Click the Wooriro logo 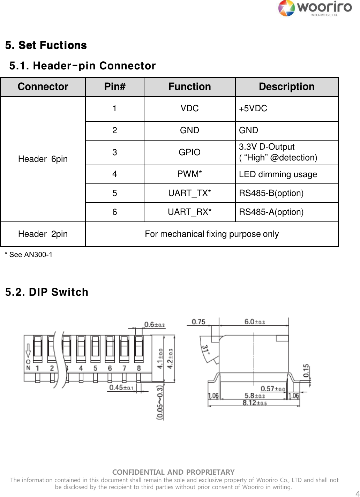(315, 8)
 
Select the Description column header (286, 87)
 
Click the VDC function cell (189, 108)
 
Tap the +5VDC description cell (253, 108)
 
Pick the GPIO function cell (189, 152)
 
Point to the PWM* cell (189, 174)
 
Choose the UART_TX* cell (189, 193)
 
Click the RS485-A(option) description (271, 212)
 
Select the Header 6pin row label (43, 159)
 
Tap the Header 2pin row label (43, 234)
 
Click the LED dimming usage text (278, 174)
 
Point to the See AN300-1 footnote (29, 255)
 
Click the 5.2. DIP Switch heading (47, 292)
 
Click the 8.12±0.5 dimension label (255, 403)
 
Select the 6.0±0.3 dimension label (254, 322)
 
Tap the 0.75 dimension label (198, 322)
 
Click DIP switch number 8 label (139, 368)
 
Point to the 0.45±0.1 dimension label (121, 388)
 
